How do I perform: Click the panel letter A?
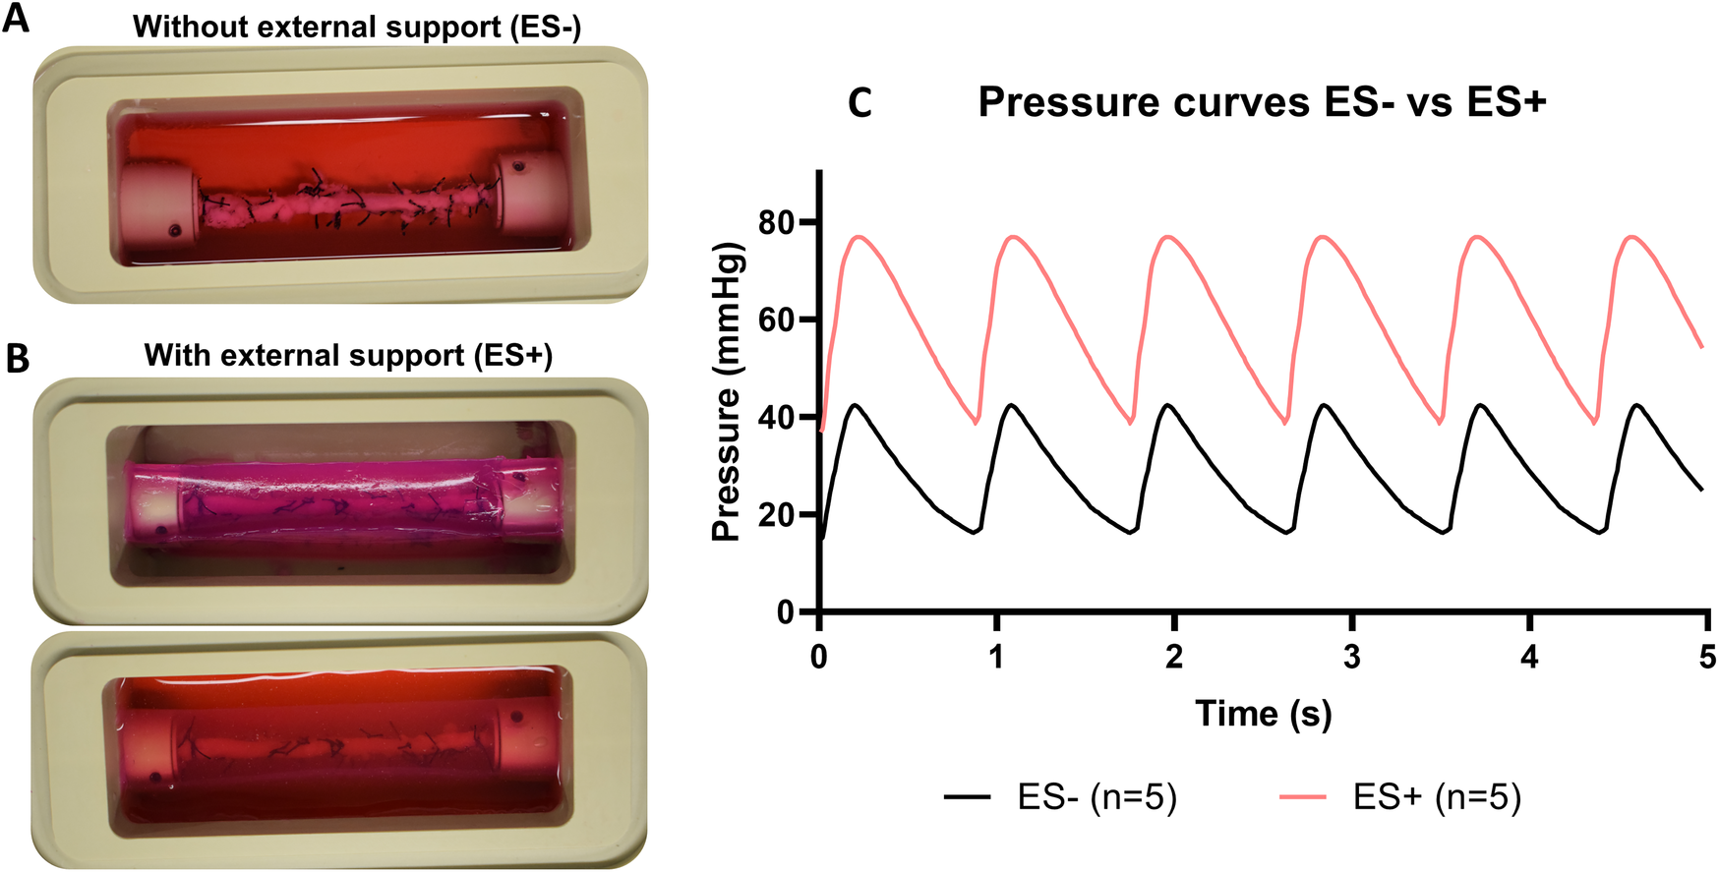pos(17,19)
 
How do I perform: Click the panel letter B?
pos(17,358)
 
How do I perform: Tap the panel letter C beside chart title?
pos(859,103)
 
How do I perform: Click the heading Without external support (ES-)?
pos(357,27)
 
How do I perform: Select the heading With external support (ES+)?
pos(348,355)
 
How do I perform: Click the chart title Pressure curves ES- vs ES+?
pos(1262,102)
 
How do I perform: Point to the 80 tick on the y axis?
pos(776,223)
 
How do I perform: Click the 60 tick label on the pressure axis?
pos(776,320)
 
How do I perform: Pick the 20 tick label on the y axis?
pos(776,514)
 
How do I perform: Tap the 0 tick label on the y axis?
pos(786,611)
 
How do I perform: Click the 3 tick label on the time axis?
pos(1351,657)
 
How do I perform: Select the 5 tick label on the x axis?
pos(1707,657)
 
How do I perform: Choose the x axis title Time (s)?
pos(1263,713)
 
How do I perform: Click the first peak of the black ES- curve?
pos(857,404)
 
